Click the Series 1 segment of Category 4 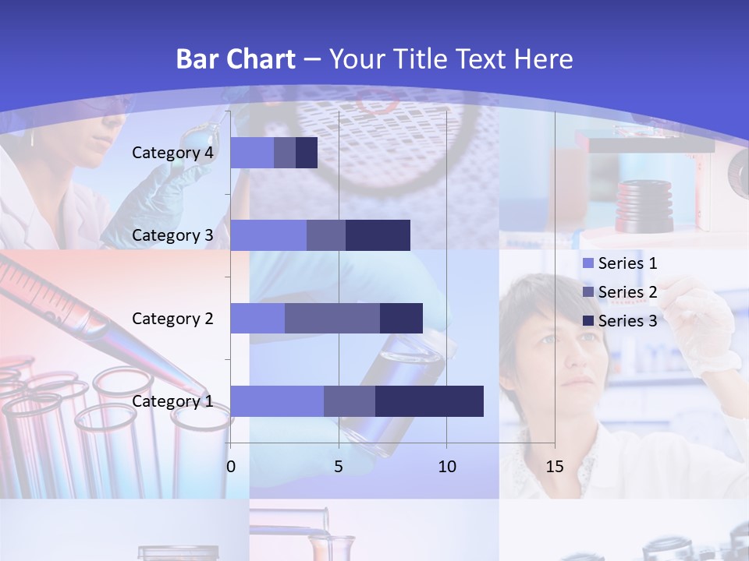(252, 153)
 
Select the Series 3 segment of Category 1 (429, 401)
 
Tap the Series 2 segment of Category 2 (332, 318)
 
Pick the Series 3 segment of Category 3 (378, 235)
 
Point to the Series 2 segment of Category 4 (285, 153)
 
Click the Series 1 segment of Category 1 (277, 401)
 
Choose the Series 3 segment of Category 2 (401, 318)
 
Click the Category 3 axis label (172, 235)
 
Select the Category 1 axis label (172, 401)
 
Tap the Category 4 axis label (172, 153)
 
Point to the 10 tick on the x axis (447, 467)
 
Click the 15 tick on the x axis (555, 467)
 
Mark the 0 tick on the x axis (231, 467)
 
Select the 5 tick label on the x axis (339, 467)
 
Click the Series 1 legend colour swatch (588, 263)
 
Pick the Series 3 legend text (627, 321)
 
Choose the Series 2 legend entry (620, 292)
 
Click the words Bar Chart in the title (236, 59)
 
